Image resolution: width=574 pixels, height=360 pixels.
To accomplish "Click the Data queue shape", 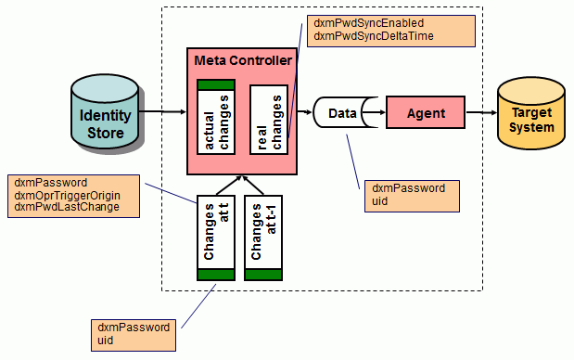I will (343, 113).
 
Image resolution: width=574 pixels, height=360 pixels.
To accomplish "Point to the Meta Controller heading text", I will (243, 60).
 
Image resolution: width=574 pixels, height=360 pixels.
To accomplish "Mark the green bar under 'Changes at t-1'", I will (262, 274).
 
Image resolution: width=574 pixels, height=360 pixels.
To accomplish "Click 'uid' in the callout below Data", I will (376, 200).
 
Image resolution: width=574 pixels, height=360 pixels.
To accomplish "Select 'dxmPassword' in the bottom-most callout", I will (133, 328).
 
